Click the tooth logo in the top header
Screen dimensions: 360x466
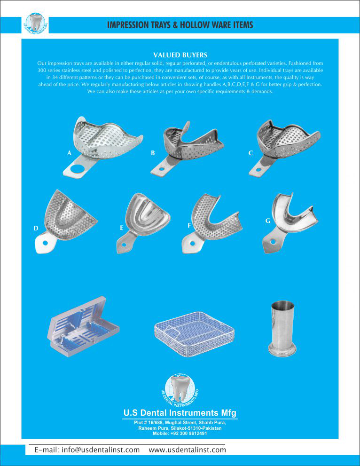35,24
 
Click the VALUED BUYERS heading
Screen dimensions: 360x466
180,55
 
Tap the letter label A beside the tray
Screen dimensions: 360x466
69,153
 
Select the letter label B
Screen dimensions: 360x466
153,153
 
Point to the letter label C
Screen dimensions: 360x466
250,153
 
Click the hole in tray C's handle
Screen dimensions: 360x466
258,170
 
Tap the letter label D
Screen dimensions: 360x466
36,228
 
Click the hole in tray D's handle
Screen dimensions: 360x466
45,243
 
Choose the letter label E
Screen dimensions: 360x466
121,228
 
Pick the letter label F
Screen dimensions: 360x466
189,226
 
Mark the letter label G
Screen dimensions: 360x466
268,221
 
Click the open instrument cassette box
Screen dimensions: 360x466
83,327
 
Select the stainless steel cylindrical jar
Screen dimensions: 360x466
282,328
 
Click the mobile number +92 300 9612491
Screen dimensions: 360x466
180,433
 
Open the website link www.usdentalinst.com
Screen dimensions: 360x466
187,450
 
